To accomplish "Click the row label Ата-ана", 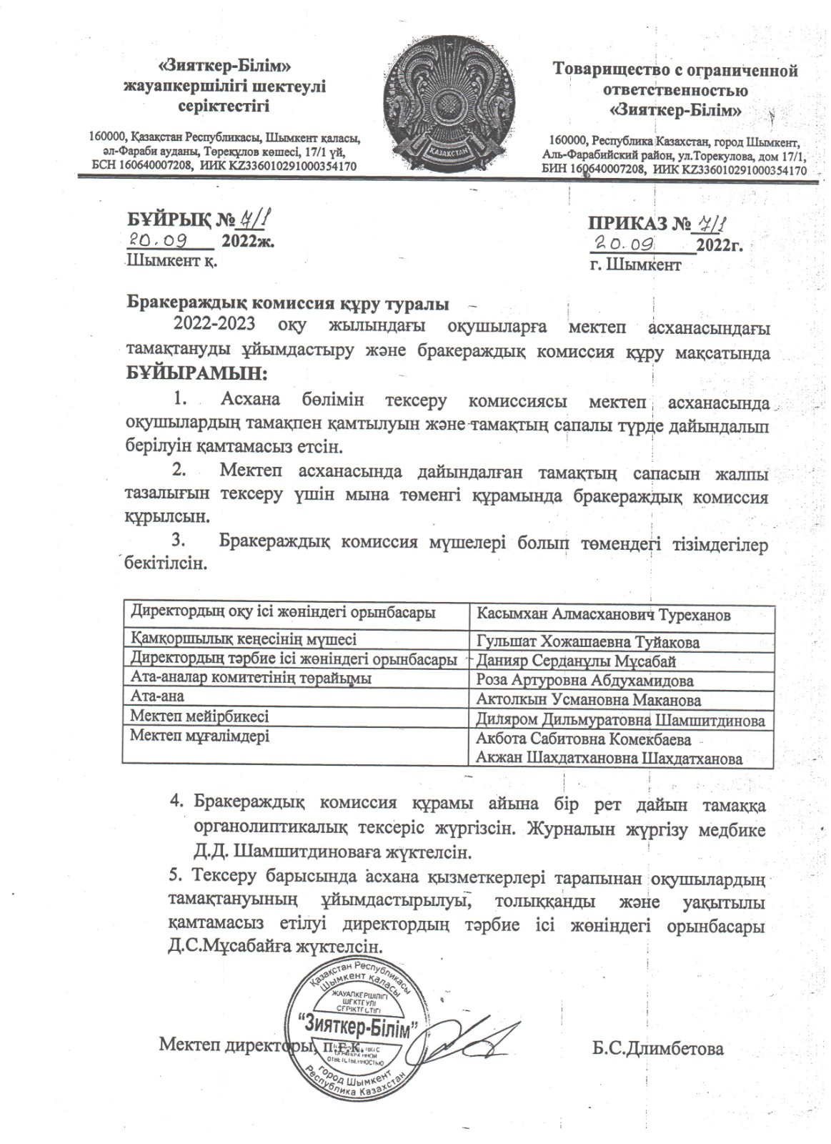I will pyautogui.click(x=154, y=696).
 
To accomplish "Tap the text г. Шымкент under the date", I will pyautogui.click(x=635, y=265).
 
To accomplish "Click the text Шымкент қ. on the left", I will pyautogui.click(x=171, y=261).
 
